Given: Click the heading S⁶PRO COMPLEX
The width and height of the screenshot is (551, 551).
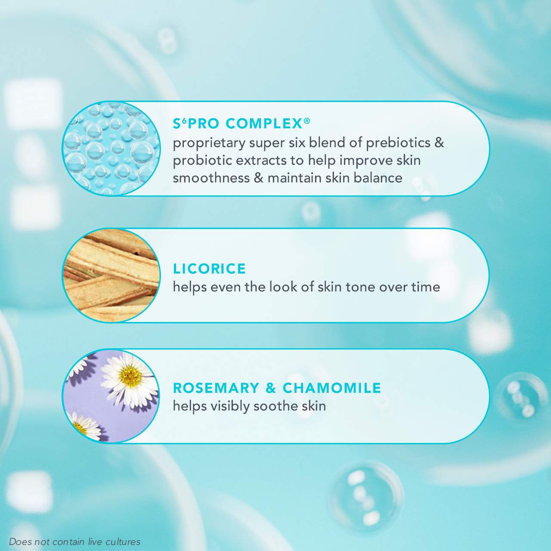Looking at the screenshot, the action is pyautogui.click(x=241, y=124).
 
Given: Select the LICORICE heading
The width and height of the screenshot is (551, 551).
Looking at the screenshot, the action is pyautogui.click(x=209, y=269).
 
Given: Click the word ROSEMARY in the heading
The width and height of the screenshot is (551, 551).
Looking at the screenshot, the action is pyautogui.click(x=216, y=388).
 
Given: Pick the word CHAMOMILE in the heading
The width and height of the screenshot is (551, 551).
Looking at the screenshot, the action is pyautogui.click(x=332, y=388).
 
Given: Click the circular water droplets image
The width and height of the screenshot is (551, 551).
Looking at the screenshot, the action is pyautogui.click(x=111, y=149).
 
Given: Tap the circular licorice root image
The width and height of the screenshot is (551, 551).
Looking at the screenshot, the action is pyautogui.click(x=111, y=275).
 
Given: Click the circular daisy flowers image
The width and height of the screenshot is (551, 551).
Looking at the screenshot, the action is pyautogui.click(x=111, y=396).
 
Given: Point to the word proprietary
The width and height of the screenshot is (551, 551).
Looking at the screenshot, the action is pyautogui.click(x=209, y=143).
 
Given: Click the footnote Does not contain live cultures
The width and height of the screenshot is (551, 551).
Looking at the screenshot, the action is pyautogui.click(x=74, y=542).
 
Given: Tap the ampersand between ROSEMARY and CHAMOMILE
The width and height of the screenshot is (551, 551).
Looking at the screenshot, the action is pyautogui.click(x=271, y=388).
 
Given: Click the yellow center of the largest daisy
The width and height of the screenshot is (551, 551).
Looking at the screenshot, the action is pyautogui.click(x=130, y=375).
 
